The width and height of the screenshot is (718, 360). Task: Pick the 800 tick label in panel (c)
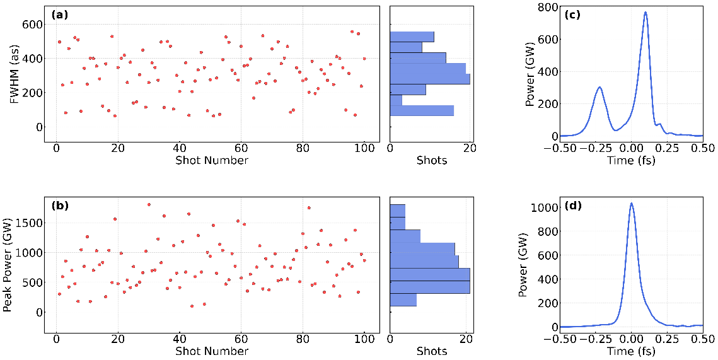(544, 8)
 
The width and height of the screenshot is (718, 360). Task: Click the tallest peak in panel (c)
(646, 12)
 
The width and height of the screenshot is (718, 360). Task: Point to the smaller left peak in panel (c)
(599, 88)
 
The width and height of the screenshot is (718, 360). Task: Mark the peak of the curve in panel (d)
(631, 203)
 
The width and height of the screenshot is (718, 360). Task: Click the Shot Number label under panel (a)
(211, 160)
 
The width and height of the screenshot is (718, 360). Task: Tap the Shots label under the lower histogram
(432, 351)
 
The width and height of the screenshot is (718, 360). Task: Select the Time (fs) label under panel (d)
(631, 351)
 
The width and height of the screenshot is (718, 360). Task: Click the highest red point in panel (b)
(149, 204)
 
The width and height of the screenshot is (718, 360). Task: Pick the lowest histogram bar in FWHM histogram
(422, 111)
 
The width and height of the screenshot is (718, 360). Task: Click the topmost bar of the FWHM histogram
(412, 37)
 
